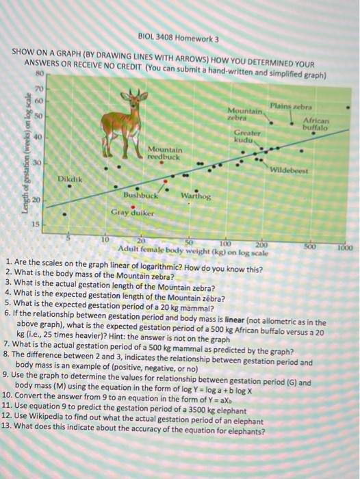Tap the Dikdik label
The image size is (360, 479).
point(68,179)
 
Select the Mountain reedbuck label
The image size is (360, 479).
point(165,153)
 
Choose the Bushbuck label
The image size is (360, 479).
point(140,196)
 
